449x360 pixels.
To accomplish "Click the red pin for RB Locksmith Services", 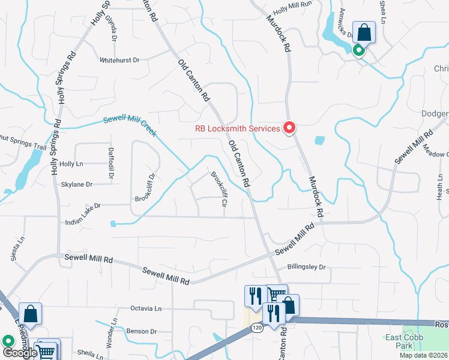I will click(x=289, y=128).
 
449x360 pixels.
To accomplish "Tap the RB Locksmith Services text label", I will click(x=237, y=128).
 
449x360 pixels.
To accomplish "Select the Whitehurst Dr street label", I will click(x=119, y=60).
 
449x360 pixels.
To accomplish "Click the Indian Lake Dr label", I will click(x=83, y=206).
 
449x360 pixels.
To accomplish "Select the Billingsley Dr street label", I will click(x=306, y=266).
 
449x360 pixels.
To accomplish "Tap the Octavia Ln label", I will click(x=146, y=308).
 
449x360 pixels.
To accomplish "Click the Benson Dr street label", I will click(x=141, y=331).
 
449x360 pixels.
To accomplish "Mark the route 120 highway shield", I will click(x=257, y=328).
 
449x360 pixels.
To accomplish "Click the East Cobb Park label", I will click(x=404, y=341).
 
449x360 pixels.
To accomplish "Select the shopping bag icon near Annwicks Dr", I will click(x=364, y=32).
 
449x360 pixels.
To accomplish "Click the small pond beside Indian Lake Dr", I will click(x=113, y=224).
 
